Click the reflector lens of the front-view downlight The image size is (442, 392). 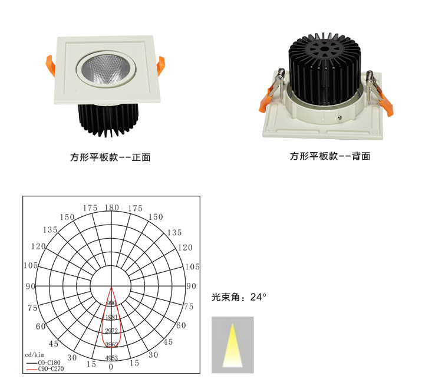[x=106, y=69]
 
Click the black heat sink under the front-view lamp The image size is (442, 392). [x=108, y=120]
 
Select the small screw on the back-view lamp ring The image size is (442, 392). [x=341, y=117]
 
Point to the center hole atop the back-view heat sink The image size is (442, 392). [x=325, y=50]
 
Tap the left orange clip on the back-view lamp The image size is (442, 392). [x=266, y=100]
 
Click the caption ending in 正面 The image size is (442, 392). [x=110, y=157]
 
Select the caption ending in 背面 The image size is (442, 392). [x=330, y=156]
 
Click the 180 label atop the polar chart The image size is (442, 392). [x=111, y=207]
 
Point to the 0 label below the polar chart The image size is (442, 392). [x=111, y=367]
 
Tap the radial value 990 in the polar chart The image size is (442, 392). [x=111, y=303]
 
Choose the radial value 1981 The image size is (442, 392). [x=111, y=317]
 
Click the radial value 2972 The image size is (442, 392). [x=111, y=331]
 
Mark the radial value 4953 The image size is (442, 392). [x=111, y=358]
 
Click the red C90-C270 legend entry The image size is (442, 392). [x=45, y=368]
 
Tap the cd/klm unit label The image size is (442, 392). [x=35, y=355]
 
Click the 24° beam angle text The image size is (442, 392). [x=258, y=297]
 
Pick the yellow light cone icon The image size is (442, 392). [x=233, y=345]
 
